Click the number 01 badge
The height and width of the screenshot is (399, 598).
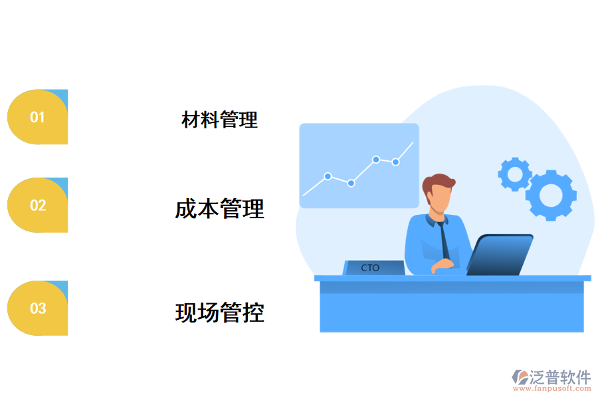[x=38, y=118]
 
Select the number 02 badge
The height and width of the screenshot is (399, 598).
[x=38, y=205]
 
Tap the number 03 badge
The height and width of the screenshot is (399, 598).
[x=38, y=309]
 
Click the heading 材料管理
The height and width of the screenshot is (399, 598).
[x=219, y=120]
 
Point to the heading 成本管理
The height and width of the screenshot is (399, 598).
[x=219, y=209]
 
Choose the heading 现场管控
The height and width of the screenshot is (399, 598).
[x=219, y=312]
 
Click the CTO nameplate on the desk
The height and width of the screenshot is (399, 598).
[x=373, y=268]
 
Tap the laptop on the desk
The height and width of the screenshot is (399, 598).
[x=500, y=255]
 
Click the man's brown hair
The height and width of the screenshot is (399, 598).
[x=438, y=183]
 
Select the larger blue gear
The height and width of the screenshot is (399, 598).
[x=551, y=195]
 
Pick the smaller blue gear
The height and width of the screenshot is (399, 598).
[x=514, y=174]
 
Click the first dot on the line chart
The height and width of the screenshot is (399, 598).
[x=328, y=176]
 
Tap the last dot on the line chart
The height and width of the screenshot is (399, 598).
[x=395, y=162]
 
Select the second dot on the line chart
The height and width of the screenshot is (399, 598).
[x=351, y=183]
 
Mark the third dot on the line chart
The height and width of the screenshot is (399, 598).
[x=376, y=160]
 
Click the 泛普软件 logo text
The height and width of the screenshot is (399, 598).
[x=560, y=377]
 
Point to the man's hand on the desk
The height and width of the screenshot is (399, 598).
[x=442, y=267]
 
